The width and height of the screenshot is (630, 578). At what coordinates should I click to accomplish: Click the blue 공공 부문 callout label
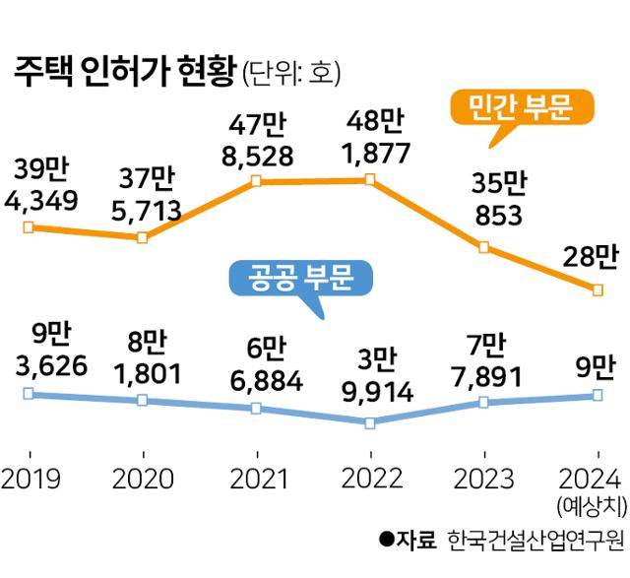click(302, 279)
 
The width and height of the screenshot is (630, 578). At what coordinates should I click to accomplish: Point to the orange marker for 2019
click(28, 227)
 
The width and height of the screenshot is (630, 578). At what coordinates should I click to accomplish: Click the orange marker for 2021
click(256, 180)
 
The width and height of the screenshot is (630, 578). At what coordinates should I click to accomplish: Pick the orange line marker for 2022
click(370, 179)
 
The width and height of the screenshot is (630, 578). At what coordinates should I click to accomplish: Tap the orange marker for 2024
click(598, 289)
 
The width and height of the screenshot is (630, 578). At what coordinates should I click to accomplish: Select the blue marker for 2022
click(370, 423)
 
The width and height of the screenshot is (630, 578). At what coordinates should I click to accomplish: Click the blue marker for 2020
click(143, 401)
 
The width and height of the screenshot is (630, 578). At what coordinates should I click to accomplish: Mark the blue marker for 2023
click(483, 402)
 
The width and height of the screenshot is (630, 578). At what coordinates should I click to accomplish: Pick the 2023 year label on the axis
click(482, 479)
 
